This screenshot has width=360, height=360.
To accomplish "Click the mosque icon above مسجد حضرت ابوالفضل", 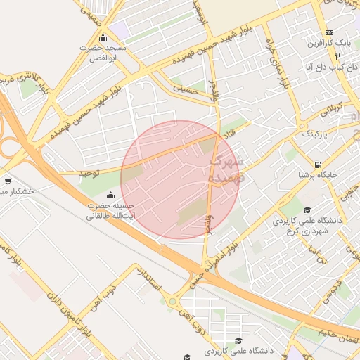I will click(x=103, y=38).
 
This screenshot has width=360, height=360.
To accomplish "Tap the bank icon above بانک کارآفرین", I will click(x=329, y=33).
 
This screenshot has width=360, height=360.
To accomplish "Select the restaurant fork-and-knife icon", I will click(x=337, y=56).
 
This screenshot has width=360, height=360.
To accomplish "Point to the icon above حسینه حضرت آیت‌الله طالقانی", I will click(x=110, y=195).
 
